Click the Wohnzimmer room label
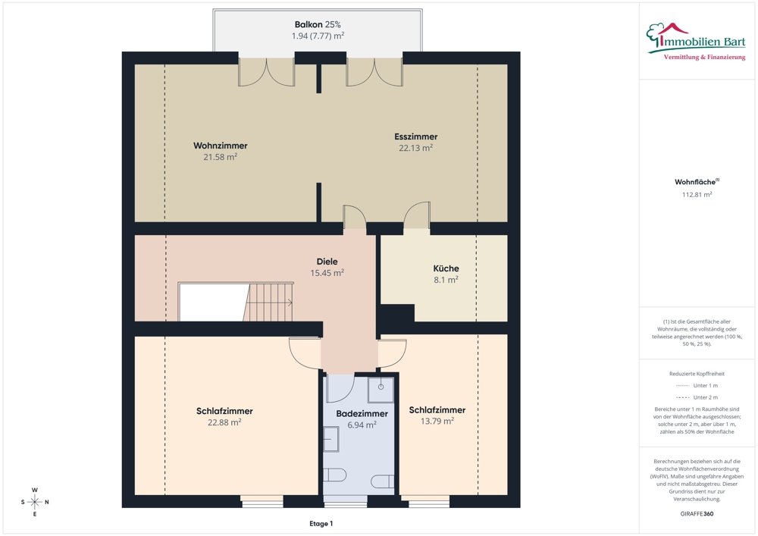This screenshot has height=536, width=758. [x=221, y=146]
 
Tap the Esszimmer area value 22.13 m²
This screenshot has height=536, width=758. [x=415, y=148]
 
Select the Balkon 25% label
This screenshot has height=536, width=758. [x=318, y=24]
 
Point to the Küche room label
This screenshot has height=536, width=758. [x=446, y=268]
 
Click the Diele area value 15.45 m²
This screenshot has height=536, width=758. [x=327, y=273]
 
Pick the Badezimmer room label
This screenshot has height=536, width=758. [x=362, y=414]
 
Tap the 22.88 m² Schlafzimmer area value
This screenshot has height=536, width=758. [x=225, y=422]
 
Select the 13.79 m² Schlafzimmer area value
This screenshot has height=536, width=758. [x=437, y=421]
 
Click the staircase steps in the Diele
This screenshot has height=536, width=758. [x=268, y=302]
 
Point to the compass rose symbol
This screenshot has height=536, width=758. [x=35, y=502]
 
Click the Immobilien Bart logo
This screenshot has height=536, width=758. [x=696, y=41]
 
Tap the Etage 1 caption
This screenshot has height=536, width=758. [x=321, y=523]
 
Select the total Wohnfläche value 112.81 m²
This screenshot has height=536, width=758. [x=697, y=195]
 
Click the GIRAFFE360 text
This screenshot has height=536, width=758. [x=697, y=514]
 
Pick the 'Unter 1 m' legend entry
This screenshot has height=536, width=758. [x=697, y=386]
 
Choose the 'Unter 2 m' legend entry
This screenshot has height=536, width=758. [x=697, y=397]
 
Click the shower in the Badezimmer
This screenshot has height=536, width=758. [x=381, y=390]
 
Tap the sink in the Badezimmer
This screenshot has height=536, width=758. [x=331, y=439]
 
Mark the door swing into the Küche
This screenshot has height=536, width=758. [x=417, y=215]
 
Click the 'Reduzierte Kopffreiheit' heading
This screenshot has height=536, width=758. [x=697, y=374]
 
